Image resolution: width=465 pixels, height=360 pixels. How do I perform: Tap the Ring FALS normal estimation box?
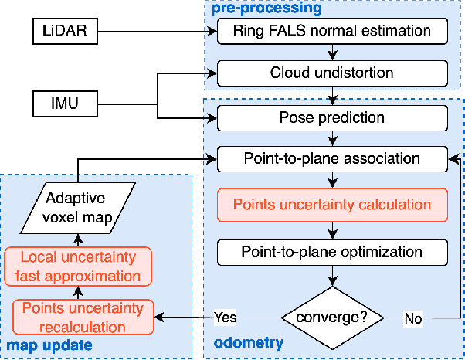point(332,32)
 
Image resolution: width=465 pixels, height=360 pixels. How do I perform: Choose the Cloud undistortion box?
point(332,74)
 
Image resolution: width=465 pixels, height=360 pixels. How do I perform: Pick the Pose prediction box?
point(332,117)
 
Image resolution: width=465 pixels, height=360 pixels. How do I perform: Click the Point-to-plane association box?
point(332,160)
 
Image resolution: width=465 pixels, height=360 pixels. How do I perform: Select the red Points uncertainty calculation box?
point(332,205)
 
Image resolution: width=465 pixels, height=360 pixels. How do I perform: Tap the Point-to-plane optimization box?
point(332,251)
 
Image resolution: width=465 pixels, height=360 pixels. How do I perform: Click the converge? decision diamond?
point(332,317)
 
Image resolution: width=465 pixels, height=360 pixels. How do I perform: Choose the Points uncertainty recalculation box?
point(83,317)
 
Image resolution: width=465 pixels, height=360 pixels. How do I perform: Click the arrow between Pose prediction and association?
point(332,138)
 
